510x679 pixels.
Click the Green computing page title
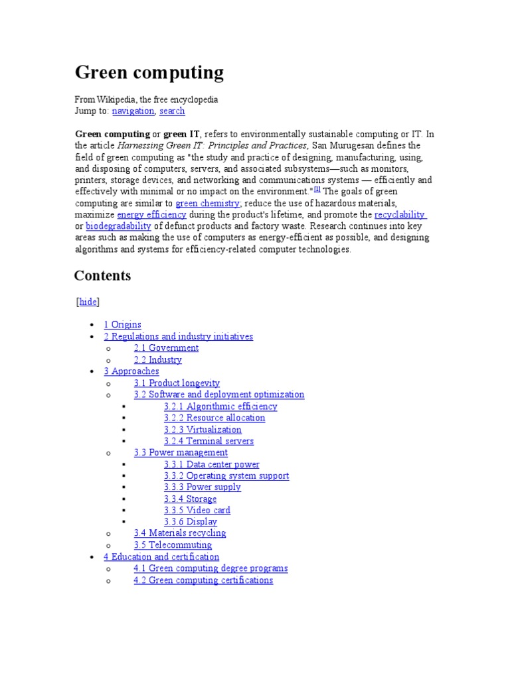point(149,72)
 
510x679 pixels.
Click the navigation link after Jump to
point(133,111)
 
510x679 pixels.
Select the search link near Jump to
point(172,111)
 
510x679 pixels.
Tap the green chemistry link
point(207,203)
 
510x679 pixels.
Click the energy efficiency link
point(151,215)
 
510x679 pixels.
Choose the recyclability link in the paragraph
point(400,215)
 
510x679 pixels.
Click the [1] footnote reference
point(317,190)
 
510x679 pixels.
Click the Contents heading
point(102,276)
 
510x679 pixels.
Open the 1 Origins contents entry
point(122,325)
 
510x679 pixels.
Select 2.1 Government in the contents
point(166,348)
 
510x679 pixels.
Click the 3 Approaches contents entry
point(131,371)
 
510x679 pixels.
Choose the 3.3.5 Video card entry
point(197,511)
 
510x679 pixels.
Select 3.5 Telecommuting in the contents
point(173,545)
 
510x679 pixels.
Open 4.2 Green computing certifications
point(203,580)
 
